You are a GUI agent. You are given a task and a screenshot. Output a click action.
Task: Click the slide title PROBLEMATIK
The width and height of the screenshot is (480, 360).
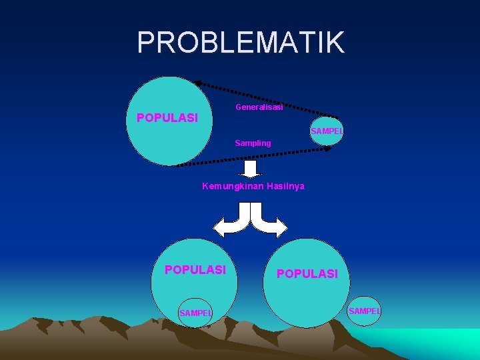tap(241, 43)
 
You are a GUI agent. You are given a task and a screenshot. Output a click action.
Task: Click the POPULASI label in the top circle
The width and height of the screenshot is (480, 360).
tap(167, 118)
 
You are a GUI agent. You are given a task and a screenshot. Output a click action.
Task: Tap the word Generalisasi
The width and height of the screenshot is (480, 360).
tap(259, 107)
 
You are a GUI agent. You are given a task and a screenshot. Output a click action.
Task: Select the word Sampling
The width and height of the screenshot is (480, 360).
tap(253, 143)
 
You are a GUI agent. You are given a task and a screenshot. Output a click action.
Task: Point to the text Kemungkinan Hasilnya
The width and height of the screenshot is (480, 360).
tap(253, 186)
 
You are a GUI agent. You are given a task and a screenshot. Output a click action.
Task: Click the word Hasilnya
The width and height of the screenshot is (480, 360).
tap(285, 186)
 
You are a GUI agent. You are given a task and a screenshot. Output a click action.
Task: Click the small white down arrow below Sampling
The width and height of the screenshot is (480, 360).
tap(251, 168)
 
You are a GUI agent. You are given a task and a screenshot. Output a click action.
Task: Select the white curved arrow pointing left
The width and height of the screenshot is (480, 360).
tap(231, 222)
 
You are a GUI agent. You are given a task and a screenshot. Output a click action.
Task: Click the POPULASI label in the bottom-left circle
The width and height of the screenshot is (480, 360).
tap(195, 270)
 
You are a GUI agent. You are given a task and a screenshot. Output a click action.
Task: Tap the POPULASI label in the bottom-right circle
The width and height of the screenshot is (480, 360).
tap(307, 274)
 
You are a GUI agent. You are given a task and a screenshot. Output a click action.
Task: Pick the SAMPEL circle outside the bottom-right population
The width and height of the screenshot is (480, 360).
tap(364, 311)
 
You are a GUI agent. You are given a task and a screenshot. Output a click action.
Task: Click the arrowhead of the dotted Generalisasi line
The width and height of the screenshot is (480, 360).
tap(197, 83)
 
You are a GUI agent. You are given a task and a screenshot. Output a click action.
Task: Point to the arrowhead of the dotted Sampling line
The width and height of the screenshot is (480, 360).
tap(327, 149)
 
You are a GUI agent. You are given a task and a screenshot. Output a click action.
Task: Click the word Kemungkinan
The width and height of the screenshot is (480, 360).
tap(233, 186)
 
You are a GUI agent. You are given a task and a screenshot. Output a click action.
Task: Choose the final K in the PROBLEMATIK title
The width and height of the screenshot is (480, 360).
tap(335, 43)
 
